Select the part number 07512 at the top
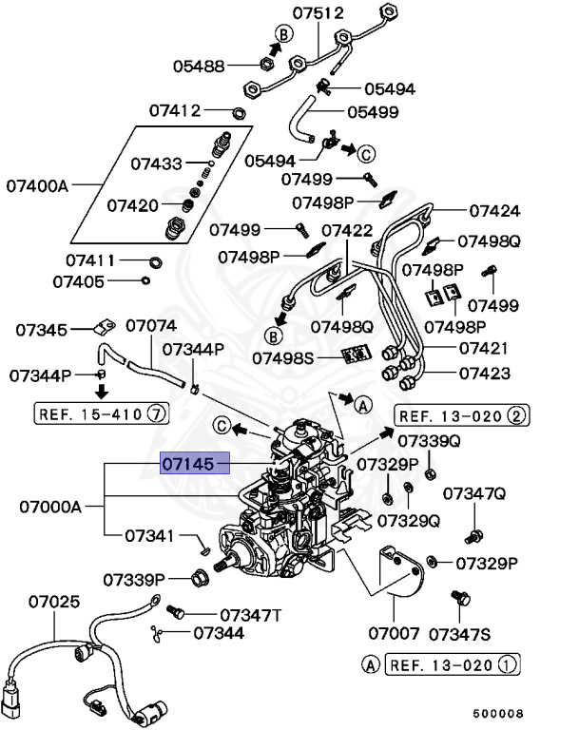[318, 13]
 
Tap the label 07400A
[38, 184]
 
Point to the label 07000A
[50, 507]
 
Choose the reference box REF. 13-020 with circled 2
[462, 415]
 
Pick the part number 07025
[53, 602]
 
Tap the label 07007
[394, 631]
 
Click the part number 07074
[151, 326]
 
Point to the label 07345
[41, 330]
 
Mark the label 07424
[494, 210]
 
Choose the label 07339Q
[429, 441]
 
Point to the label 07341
[150, 536]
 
